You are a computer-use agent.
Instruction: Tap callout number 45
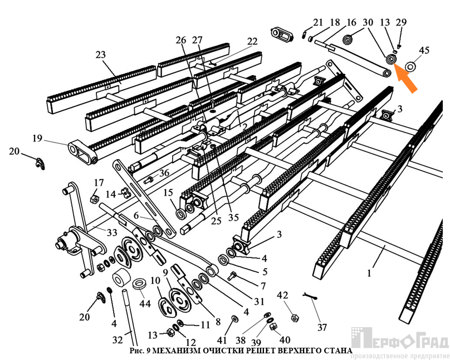[424, 51]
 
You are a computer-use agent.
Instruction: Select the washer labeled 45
[412, 66]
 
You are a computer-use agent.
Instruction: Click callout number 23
[100, 55]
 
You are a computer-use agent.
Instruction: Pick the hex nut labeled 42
[294, 317]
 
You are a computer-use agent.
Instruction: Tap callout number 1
[368, 273]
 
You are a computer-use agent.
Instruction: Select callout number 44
[145, 304]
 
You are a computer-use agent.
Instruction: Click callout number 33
[113, 232]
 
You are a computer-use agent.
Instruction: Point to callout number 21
[317, 22]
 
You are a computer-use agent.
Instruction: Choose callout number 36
[164, 173]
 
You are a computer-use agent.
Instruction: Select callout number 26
[180, 40]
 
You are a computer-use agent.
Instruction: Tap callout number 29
[401, 22]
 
